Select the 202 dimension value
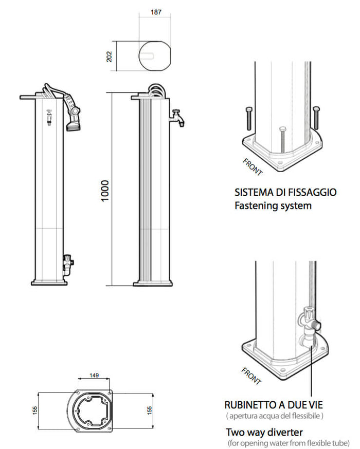click(x=109, y=55)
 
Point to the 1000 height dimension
click(x=105, y=191)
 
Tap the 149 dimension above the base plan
click(x=94, y=376)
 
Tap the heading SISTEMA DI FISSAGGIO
click(x=285, y=193)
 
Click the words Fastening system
click(x=273, y=206)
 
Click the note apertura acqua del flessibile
click(x=274, y=416)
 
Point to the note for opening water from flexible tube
click(x=289, y=442)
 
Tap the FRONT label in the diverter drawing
click(x=251, y=376)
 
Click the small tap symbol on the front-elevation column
click(x=49, y=117)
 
